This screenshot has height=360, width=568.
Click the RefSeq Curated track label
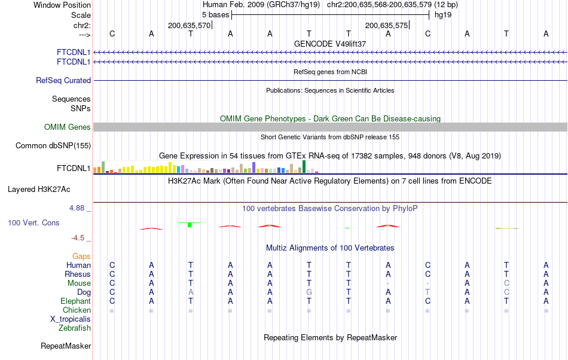63,80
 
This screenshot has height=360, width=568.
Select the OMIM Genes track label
67,127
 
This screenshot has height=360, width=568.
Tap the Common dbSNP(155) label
53,145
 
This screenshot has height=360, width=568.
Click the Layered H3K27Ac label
39,189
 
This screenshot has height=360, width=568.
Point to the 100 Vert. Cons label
33,222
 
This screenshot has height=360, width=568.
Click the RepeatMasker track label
66,346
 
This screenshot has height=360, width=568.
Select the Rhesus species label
78,274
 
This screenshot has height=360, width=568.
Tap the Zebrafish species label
75,328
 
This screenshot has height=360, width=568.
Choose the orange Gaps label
81,256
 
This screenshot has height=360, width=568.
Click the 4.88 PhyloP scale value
78,208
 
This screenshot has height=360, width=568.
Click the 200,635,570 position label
189,26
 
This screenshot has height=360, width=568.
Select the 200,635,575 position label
386,26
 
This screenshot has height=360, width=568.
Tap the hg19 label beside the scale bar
443,14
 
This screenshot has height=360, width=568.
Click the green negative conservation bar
190,224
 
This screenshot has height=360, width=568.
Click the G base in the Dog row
309,292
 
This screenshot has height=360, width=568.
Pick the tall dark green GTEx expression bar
304,167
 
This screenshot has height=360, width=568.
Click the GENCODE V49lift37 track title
330,44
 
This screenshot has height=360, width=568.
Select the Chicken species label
77,310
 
